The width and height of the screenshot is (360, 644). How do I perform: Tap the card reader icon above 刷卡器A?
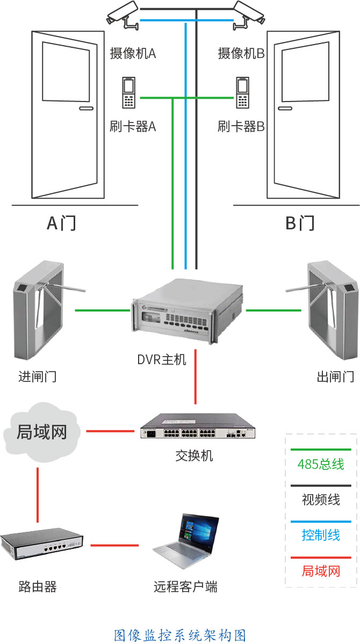[x=128, y=93]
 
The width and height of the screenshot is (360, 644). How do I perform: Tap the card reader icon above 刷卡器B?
[x=242, y=93]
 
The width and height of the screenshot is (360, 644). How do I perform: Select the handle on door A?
[x=87, y=108]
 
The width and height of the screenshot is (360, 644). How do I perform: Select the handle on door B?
[x=285, y=108]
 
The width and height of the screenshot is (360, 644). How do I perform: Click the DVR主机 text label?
[x=162, y=360]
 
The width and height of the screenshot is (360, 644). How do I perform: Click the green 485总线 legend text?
[x=321, y=465]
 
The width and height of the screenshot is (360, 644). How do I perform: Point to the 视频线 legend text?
[x=321, y=500]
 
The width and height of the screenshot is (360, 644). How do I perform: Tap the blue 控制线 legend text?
[x=321, y=536]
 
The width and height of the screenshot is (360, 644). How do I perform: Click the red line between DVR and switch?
[x=196, y=377]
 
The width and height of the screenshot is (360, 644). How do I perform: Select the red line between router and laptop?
[x=114, y=545]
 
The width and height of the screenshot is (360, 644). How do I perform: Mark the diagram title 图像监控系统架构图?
[x=180, y=634]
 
